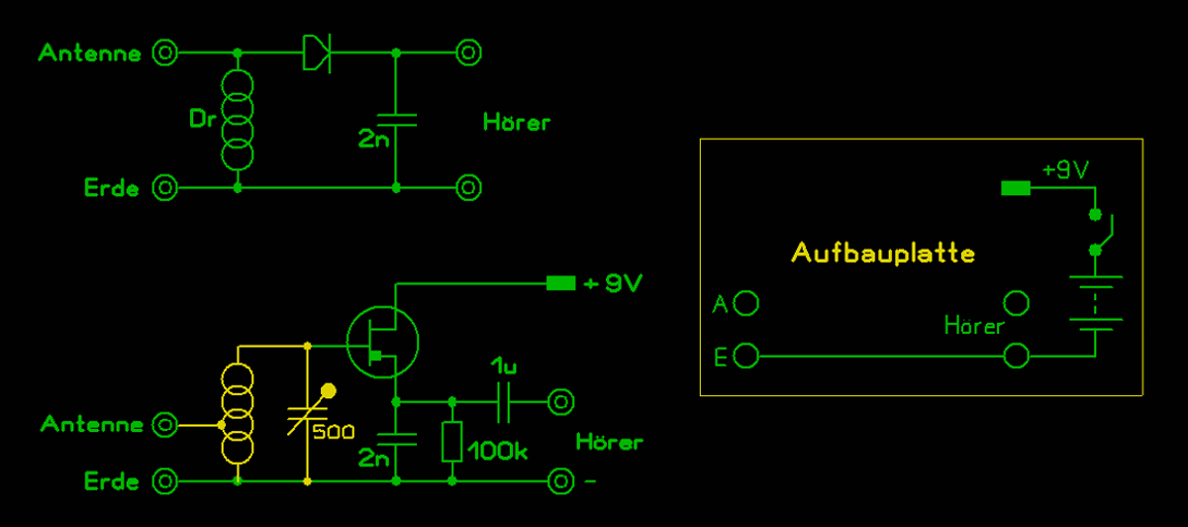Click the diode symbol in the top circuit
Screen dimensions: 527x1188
coord(316,53)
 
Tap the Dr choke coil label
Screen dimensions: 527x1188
coord(202,120)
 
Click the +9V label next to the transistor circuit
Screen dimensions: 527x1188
coord(614,284)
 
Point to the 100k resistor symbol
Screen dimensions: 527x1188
coord(452,442)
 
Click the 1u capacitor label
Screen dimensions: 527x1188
coord(504,366)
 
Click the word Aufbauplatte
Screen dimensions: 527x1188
coord(883,254)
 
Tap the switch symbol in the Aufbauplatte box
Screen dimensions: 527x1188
coord(1101,231)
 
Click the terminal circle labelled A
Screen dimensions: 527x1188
coord(747,303)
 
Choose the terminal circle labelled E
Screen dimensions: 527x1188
coord(747,356)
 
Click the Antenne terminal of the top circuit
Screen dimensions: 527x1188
coord(165,53)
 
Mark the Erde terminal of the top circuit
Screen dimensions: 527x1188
coord(165,186)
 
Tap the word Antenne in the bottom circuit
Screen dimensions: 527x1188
coord(92,425)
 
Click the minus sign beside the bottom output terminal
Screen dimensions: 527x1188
coord(591,482)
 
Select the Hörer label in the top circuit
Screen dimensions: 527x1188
coord(516,123)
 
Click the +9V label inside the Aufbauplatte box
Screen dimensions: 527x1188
coord(1065,169)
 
